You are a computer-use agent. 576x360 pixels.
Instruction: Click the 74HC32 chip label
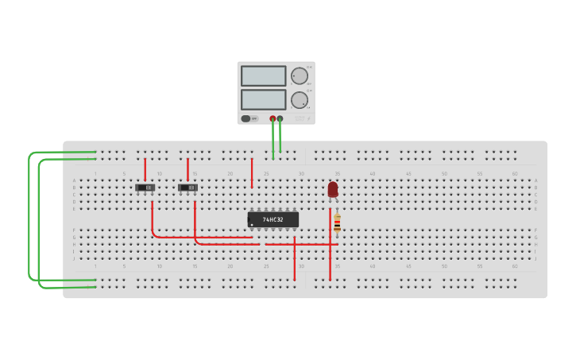[273, 219]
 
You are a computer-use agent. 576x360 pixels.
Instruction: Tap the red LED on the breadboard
[333, 189]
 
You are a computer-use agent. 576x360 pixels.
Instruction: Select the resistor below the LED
[337, 223]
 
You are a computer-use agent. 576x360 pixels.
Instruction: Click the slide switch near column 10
[145, 188]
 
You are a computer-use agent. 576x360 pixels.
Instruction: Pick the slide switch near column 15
[187, 188]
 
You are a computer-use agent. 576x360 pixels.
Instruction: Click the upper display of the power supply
[263, 75]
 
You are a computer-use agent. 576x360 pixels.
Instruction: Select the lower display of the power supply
[263, 99]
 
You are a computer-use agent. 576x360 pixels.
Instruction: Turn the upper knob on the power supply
[299, 76]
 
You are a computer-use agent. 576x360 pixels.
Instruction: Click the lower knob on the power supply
[299, 100]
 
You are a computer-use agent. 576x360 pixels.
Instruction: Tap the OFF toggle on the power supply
[249, 118]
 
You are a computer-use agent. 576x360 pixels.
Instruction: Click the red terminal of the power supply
[273, 118]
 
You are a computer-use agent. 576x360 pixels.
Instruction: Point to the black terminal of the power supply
[280, 118]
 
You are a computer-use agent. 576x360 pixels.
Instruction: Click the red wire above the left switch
[145, 168]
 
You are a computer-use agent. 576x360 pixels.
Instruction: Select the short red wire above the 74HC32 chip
[252, 172]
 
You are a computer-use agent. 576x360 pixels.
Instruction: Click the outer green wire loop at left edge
[29, 215]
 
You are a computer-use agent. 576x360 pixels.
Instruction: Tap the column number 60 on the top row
[514, 173]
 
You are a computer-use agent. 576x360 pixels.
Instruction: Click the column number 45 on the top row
[408, 173]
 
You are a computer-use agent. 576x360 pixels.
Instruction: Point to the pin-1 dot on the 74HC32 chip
[253, 225]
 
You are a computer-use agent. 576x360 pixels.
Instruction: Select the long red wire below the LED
[330, 254]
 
